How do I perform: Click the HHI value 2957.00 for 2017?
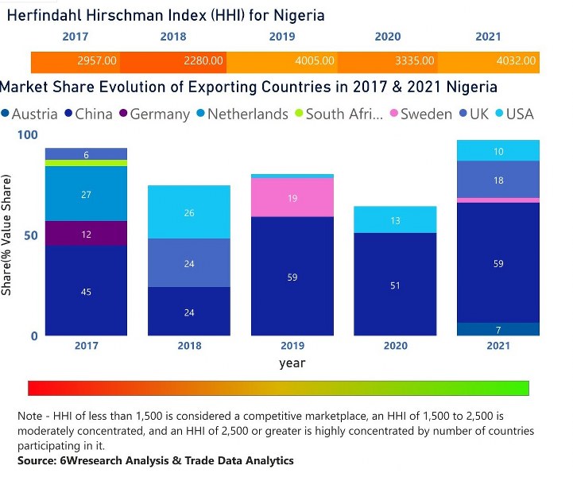point(98,60)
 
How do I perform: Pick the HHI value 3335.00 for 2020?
point(415,60)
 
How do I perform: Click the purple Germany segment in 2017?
point(86,234)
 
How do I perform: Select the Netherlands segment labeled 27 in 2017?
point(86,194)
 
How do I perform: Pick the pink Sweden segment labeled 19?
point(292,198)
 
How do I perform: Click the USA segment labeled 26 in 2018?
point(188,212)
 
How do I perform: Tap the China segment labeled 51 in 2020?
point(395,285)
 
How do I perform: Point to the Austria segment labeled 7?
point(498,329)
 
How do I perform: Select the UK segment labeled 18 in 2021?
point(498,180)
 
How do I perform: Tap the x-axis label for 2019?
point(292,347)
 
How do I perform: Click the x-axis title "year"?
point(292,363)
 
